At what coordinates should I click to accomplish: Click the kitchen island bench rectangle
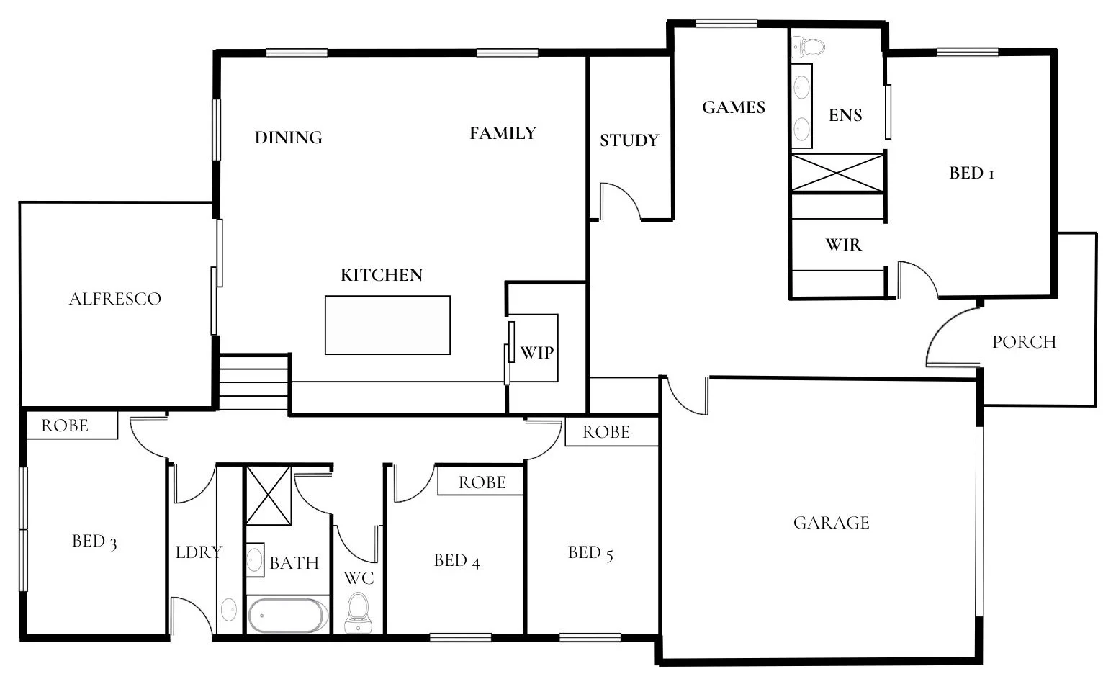[x=387, y=325]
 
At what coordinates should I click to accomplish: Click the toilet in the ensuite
[x=809, y=47]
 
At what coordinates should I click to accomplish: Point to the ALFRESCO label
[x=114, y=299]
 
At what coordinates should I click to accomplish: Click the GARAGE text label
[x=831, y=523]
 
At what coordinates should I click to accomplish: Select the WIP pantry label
[x=537, y=352]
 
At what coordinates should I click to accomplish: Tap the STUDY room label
[x=629, y=140]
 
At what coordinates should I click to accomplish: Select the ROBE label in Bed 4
[x=482, y=482]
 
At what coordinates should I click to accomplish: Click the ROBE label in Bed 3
[x=65, y=426]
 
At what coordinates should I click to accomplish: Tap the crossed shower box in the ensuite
[x=837, y=172]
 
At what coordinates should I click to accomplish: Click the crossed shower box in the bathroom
[x=269, y=495]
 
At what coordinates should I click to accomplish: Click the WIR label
[x=843, y=245]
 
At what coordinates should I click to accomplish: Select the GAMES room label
[x=733, y=107]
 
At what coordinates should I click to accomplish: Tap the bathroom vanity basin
[x=255, y=560]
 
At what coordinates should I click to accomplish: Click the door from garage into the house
[x=685, y=397]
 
